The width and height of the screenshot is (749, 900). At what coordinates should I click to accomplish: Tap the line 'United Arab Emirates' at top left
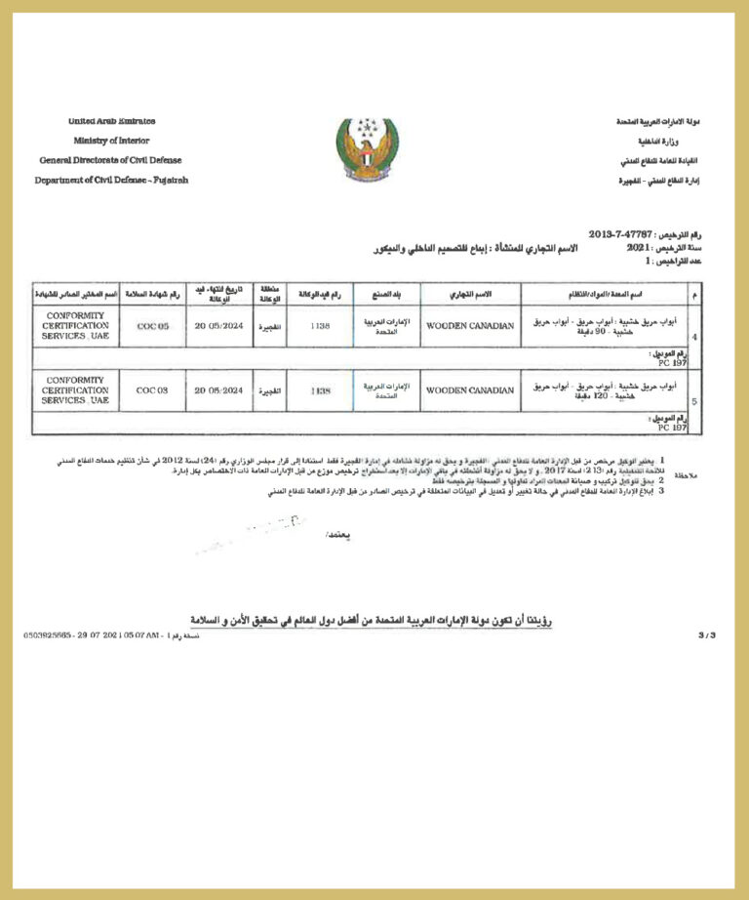click(x=111, y=121)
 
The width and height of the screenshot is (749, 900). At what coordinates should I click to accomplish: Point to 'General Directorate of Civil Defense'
click(x=110, y=160)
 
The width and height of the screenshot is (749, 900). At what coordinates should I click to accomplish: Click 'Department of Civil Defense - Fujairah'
click(x=111, y=180)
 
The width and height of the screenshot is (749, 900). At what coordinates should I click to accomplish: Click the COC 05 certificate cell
click(x=152, y=326)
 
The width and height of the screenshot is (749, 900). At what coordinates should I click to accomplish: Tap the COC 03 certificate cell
click(x=152, y=389)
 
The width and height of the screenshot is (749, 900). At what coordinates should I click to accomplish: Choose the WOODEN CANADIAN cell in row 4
click(x=470, y=326)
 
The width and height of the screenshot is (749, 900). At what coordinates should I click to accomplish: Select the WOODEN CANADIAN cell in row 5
click(x=470, y=389)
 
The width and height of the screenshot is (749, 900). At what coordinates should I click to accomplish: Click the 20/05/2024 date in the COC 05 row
click(x=218, y=326)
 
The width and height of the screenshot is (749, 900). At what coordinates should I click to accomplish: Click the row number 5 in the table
click(x=693, y=400)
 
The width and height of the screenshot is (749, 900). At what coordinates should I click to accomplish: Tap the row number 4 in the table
click(x=693, y=337)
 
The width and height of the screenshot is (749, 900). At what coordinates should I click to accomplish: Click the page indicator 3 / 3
click(x=707, y=634)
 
